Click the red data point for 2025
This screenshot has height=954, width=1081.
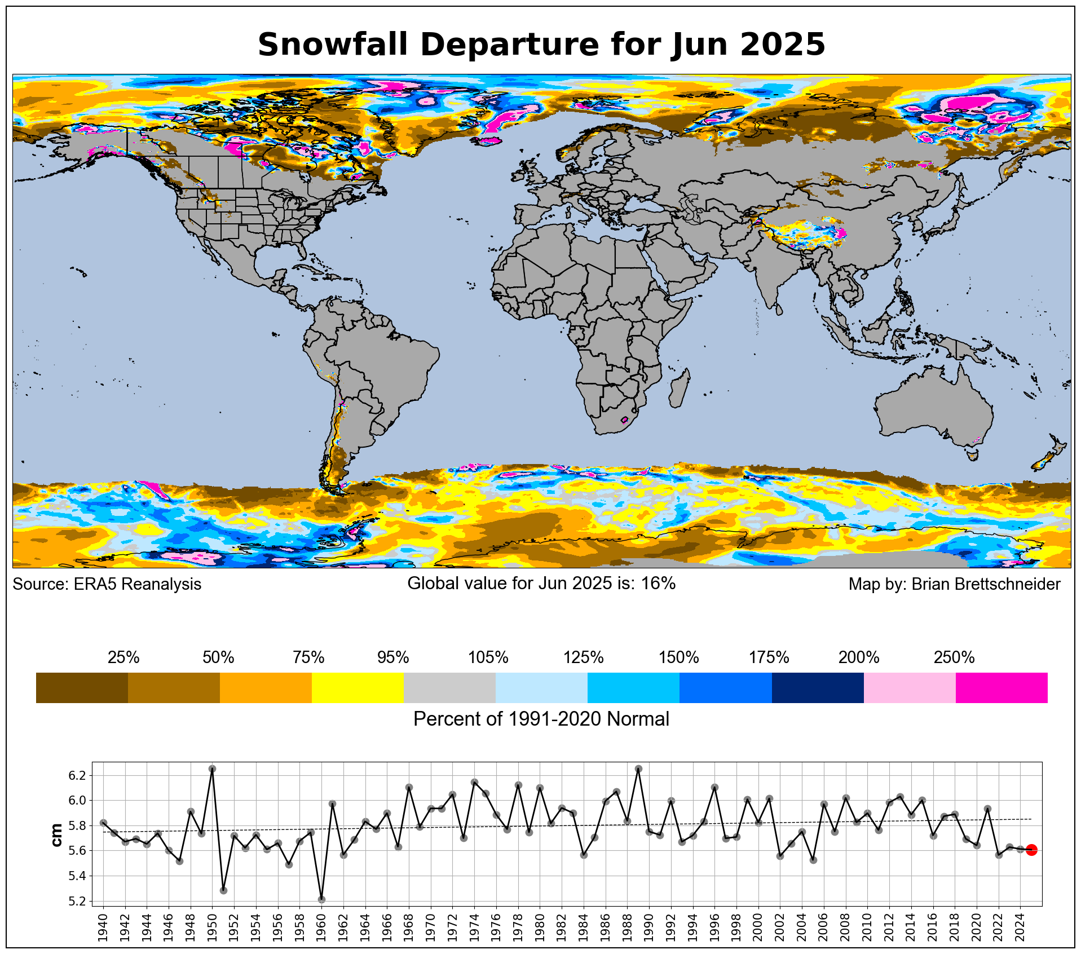(1031, 850)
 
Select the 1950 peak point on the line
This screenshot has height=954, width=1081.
(212, 768)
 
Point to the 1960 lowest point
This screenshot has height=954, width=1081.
(321, 899)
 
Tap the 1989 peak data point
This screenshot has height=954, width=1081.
(638, 768)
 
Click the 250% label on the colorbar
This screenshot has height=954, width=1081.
(954, 657)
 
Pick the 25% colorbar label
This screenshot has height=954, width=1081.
(123, 657)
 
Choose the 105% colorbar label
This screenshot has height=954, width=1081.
(488, 657)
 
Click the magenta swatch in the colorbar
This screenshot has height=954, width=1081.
(1001, 687)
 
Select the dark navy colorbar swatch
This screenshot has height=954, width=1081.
(818, 687)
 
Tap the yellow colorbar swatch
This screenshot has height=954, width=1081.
(358, 687)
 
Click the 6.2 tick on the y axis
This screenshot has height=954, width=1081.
(77, 776)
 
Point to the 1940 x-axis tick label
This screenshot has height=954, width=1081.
(103, 927)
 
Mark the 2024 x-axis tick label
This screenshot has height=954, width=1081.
(1020, 927)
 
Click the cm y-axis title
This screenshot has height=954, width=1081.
(56, 835)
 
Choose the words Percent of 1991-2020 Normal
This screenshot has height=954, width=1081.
(541, 719)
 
